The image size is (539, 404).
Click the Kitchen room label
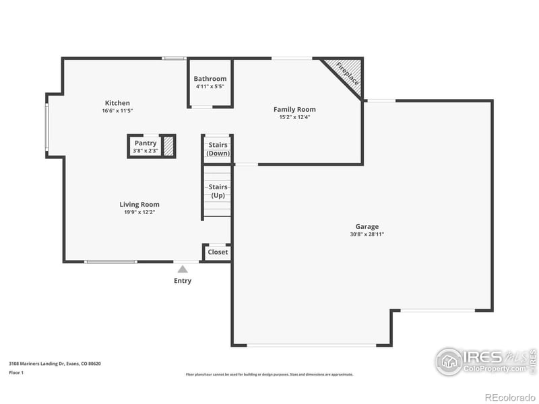(x=117, y=103)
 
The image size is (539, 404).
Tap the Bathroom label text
(x=210, y=79)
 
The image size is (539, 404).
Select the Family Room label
(x=294, y=109)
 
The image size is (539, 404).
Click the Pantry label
(x=146, y=143)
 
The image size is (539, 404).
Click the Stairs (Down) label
(x=218, y=149)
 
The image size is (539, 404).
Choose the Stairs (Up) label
(x=218, y=191)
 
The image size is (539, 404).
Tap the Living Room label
(x=139, y=204)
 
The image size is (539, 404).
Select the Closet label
(x=218, y=252)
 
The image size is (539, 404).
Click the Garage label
(x=367, y=227)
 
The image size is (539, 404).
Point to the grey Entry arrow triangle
(x=183, y=269)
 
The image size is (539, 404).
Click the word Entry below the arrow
(x=183, y=281)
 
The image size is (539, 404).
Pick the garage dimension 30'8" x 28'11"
(x=367, y=234)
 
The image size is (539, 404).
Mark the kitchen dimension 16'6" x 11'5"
(x=117, y=110)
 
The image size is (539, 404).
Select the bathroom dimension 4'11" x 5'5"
(x=210, y=86)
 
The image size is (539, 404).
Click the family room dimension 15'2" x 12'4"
(x=294, y=116)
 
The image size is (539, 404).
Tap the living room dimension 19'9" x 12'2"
(x=139, y=211)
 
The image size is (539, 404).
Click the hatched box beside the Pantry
(x=168, y=146)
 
